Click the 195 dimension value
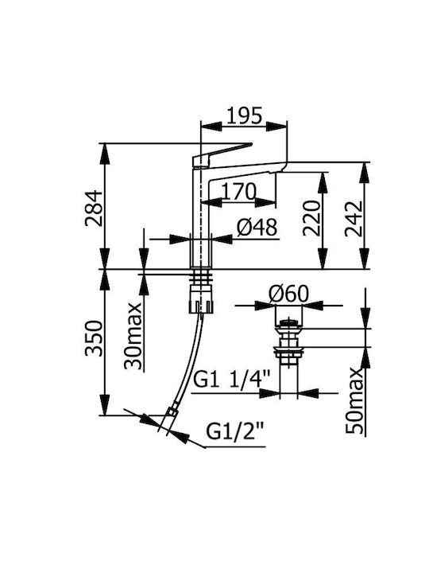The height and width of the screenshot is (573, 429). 244,115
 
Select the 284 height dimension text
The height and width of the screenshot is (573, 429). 94,208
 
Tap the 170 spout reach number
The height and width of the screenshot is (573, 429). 238,192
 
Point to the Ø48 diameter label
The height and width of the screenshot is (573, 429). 257,228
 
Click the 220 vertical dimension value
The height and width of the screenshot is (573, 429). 311,218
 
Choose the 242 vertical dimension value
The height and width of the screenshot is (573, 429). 353,219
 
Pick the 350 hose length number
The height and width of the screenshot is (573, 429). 94,338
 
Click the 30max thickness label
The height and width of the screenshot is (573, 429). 133,336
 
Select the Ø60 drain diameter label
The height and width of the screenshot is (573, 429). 288,294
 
